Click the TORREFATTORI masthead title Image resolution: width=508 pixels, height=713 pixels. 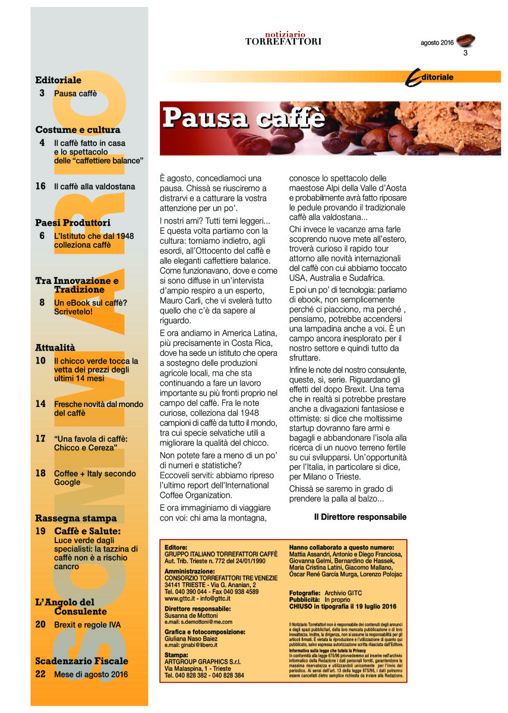pyautogui.click(x=283, y=42)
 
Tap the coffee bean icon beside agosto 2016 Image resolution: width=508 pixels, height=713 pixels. pyautogui.click(x=465, y=41)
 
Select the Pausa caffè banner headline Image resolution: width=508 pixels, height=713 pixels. pyautogui.click(x=244, y=117)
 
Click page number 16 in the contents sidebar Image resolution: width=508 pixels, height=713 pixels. pyautogui.click(x=40, y=187)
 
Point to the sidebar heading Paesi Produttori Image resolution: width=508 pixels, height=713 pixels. pyautogui.click(x=73, y=223)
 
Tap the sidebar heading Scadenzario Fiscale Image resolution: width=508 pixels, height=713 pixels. pyautogui.click(x=81, y=661)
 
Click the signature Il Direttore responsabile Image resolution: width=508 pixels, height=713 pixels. pyautogui.click(x=360, y=517)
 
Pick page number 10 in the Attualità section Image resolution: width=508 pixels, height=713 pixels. pyautogui.click(x=40, y=361)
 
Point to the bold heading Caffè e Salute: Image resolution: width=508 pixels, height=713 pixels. pyautogui.click(x=87, y=531)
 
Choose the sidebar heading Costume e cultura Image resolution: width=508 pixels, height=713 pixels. pyautogui.click(x=78, y=130)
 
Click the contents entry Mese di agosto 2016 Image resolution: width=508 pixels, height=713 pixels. pyautogui.click(x=90, y=674)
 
